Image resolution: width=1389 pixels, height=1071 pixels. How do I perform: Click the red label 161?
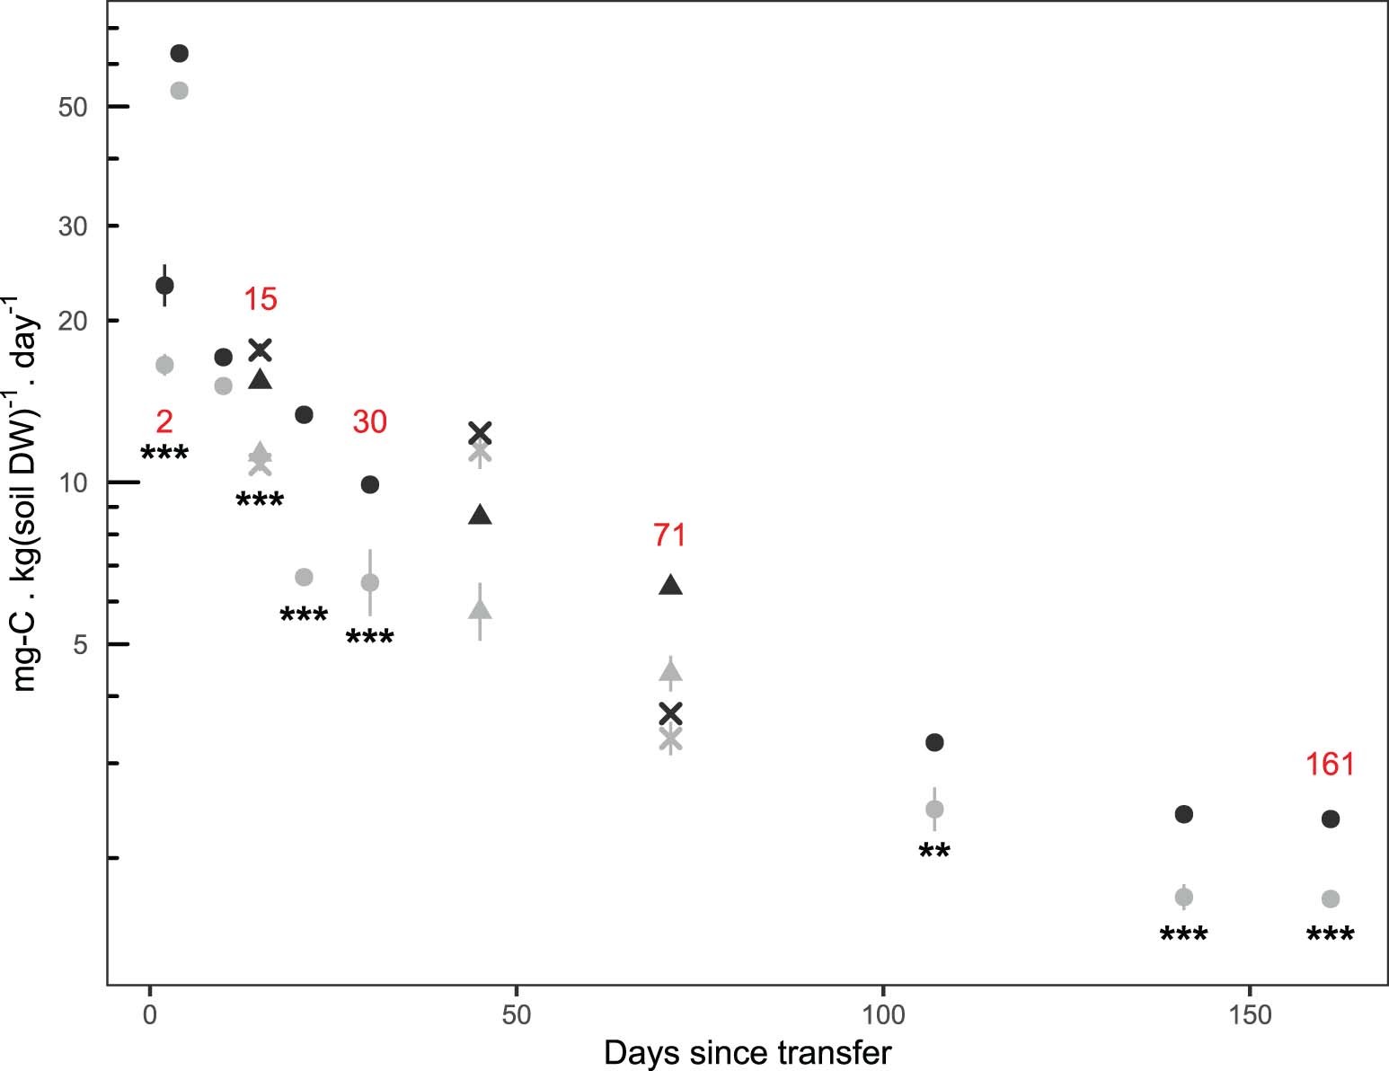tap(1330, 764)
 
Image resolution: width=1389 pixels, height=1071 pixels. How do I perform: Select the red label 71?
tap(670, 535)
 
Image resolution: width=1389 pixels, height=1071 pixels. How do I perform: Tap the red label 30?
tap(369, 421)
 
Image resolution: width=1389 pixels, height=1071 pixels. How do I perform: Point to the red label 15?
tap(261, 299)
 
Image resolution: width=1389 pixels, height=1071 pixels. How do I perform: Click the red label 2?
tap(164, 421)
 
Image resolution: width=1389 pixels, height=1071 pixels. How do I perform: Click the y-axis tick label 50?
tap(73, 107)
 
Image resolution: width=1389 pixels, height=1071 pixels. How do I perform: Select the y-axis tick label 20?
tap(73, 321)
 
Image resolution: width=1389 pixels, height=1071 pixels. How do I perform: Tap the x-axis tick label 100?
tap(882, 1015)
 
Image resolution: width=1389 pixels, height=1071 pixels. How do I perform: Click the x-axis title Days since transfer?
tap(748, 1052)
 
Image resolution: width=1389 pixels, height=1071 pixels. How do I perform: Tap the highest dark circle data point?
tap(179, 54)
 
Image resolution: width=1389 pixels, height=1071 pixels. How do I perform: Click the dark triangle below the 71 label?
tap(670, 585)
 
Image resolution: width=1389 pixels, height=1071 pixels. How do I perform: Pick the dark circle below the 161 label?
tap(1331, 819)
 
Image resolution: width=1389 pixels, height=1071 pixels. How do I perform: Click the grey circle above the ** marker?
tap(934, 809)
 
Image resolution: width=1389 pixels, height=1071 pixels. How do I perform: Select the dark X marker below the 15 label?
tap(260, 350)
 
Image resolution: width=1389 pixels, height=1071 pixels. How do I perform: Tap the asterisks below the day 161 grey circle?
tap(1330, 937)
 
